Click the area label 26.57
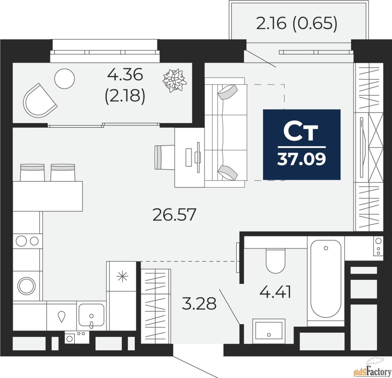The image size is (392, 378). click(174, 215)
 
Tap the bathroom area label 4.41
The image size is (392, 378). click(275, 292)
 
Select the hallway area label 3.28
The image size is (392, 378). click(199, 304)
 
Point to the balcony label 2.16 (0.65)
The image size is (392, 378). click(296, 23)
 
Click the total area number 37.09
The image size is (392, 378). click(302, 159)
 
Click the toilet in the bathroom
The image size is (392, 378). click(275, 260)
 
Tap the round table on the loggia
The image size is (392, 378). click(65, 78)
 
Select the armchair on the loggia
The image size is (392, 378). click(39, 100)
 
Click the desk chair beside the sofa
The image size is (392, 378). click(162, 157)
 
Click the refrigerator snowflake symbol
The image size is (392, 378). click(122, 277)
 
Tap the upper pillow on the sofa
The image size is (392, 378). click(228, 92)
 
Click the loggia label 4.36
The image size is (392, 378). click(125, 74)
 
